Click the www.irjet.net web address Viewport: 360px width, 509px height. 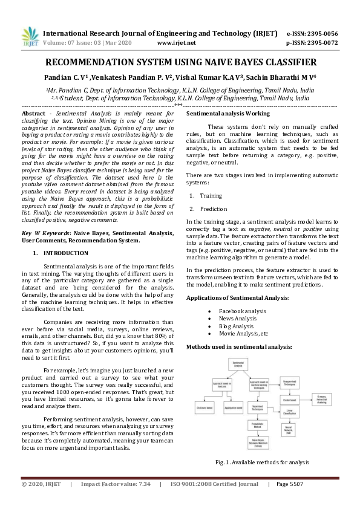(176, 43)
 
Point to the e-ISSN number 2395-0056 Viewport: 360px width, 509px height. (321, 33)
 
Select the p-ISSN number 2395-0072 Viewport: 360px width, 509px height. (321, 43)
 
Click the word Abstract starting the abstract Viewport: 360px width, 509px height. (33, 114)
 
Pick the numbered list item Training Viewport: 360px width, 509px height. (211, 195)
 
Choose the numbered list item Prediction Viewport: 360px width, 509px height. (214, 209)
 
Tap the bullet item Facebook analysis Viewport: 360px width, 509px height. (242, 311)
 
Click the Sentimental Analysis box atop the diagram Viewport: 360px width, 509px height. (237, 364)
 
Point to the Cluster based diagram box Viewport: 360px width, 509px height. (289, 400)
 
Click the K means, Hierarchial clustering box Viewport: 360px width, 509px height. (321, 400)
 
